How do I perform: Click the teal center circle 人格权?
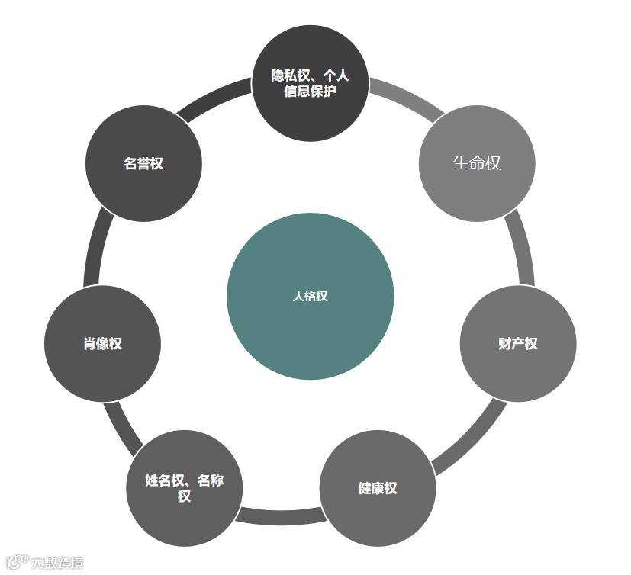click(310, 297)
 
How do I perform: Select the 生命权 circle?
click(477, 163)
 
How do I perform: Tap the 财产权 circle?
click(517, 344)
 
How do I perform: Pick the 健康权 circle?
click(377, 488)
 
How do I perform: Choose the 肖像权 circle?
click(102, 344)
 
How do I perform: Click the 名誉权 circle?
click(143, 163)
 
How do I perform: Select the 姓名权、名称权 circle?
click(184, 488)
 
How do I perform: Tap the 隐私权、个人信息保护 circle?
click(310, 83)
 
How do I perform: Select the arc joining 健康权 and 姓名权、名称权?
click(281, 516)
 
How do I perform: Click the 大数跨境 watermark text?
click(57, 564)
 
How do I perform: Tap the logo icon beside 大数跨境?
click(16, 562)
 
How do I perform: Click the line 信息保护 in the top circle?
click(310, 92)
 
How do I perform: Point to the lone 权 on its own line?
click(184, 496)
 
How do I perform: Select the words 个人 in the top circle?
click(336, 75)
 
